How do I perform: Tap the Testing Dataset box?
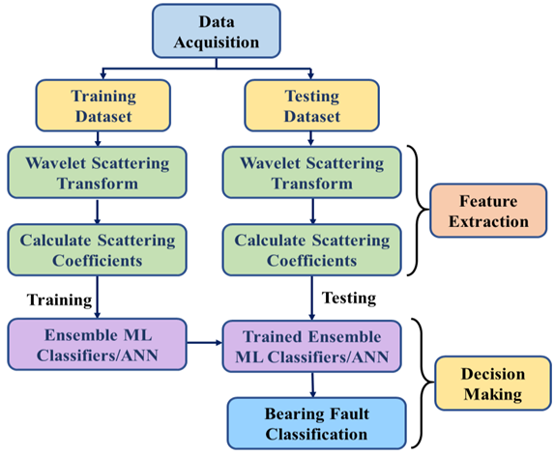point(310,105)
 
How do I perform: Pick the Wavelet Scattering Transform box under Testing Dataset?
point(310,170)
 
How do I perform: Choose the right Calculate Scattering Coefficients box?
point(310,250)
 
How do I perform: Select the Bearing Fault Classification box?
point(310,422)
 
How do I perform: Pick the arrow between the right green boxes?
point(310,210)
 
